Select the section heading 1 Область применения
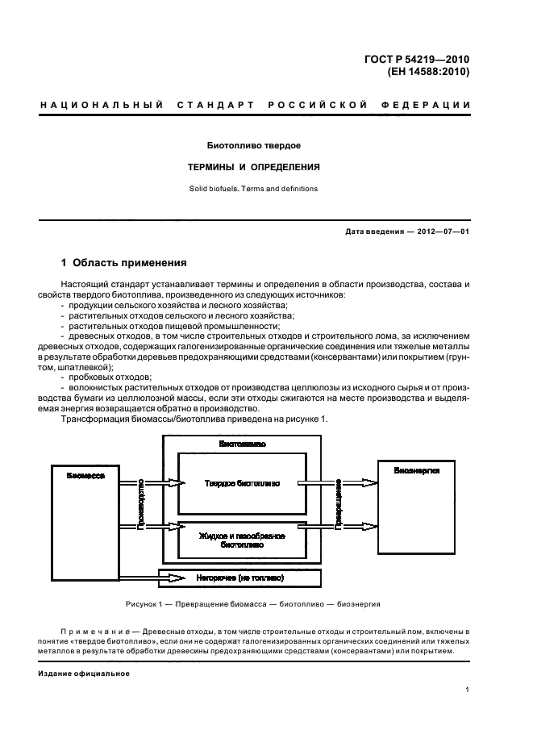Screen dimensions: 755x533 coord(124,263)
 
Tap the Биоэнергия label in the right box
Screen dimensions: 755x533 coord(417,470)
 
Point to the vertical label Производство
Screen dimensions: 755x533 coord(143,501)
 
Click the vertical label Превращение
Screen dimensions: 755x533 coord(339,502)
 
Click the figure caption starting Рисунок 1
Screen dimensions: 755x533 coord(252,604)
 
